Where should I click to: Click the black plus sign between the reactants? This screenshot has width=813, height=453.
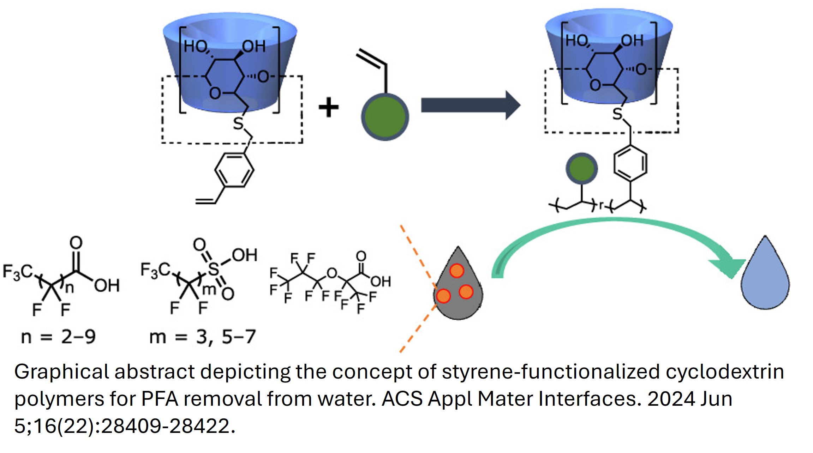[328, 107]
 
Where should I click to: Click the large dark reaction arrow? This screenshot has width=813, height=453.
[471, 105]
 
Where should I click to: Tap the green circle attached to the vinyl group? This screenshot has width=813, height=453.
[385, 117]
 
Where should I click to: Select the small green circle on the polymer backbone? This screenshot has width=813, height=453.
[582, 169]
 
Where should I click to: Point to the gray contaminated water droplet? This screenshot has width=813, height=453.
[458, 286]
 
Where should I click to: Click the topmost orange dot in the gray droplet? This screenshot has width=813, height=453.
[457, 271]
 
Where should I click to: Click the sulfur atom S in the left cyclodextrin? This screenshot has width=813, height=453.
[238, 123]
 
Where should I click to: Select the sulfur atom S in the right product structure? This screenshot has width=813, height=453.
[617, 114]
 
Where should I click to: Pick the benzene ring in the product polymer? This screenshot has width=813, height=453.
[630, 164]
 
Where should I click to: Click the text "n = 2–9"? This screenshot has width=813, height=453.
[58, 337]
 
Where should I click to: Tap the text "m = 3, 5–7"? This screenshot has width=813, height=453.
[202, 337]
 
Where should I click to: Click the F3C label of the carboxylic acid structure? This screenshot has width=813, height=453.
[18, 272]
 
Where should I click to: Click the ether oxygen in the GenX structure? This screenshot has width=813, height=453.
[332, 273]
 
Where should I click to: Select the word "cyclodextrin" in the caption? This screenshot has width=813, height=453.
[725, 372]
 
